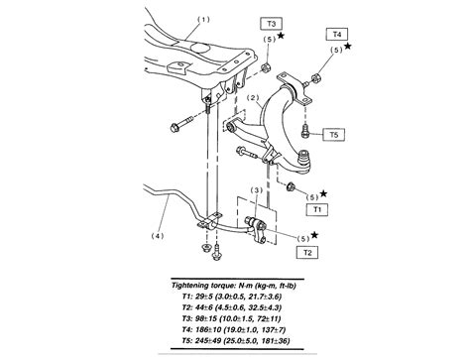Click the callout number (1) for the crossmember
pos(205,20)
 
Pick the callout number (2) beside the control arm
pos(253,98)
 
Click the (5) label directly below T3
pos(270,39)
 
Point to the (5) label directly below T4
pos(334,50)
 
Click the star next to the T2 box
pos(315,235)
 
